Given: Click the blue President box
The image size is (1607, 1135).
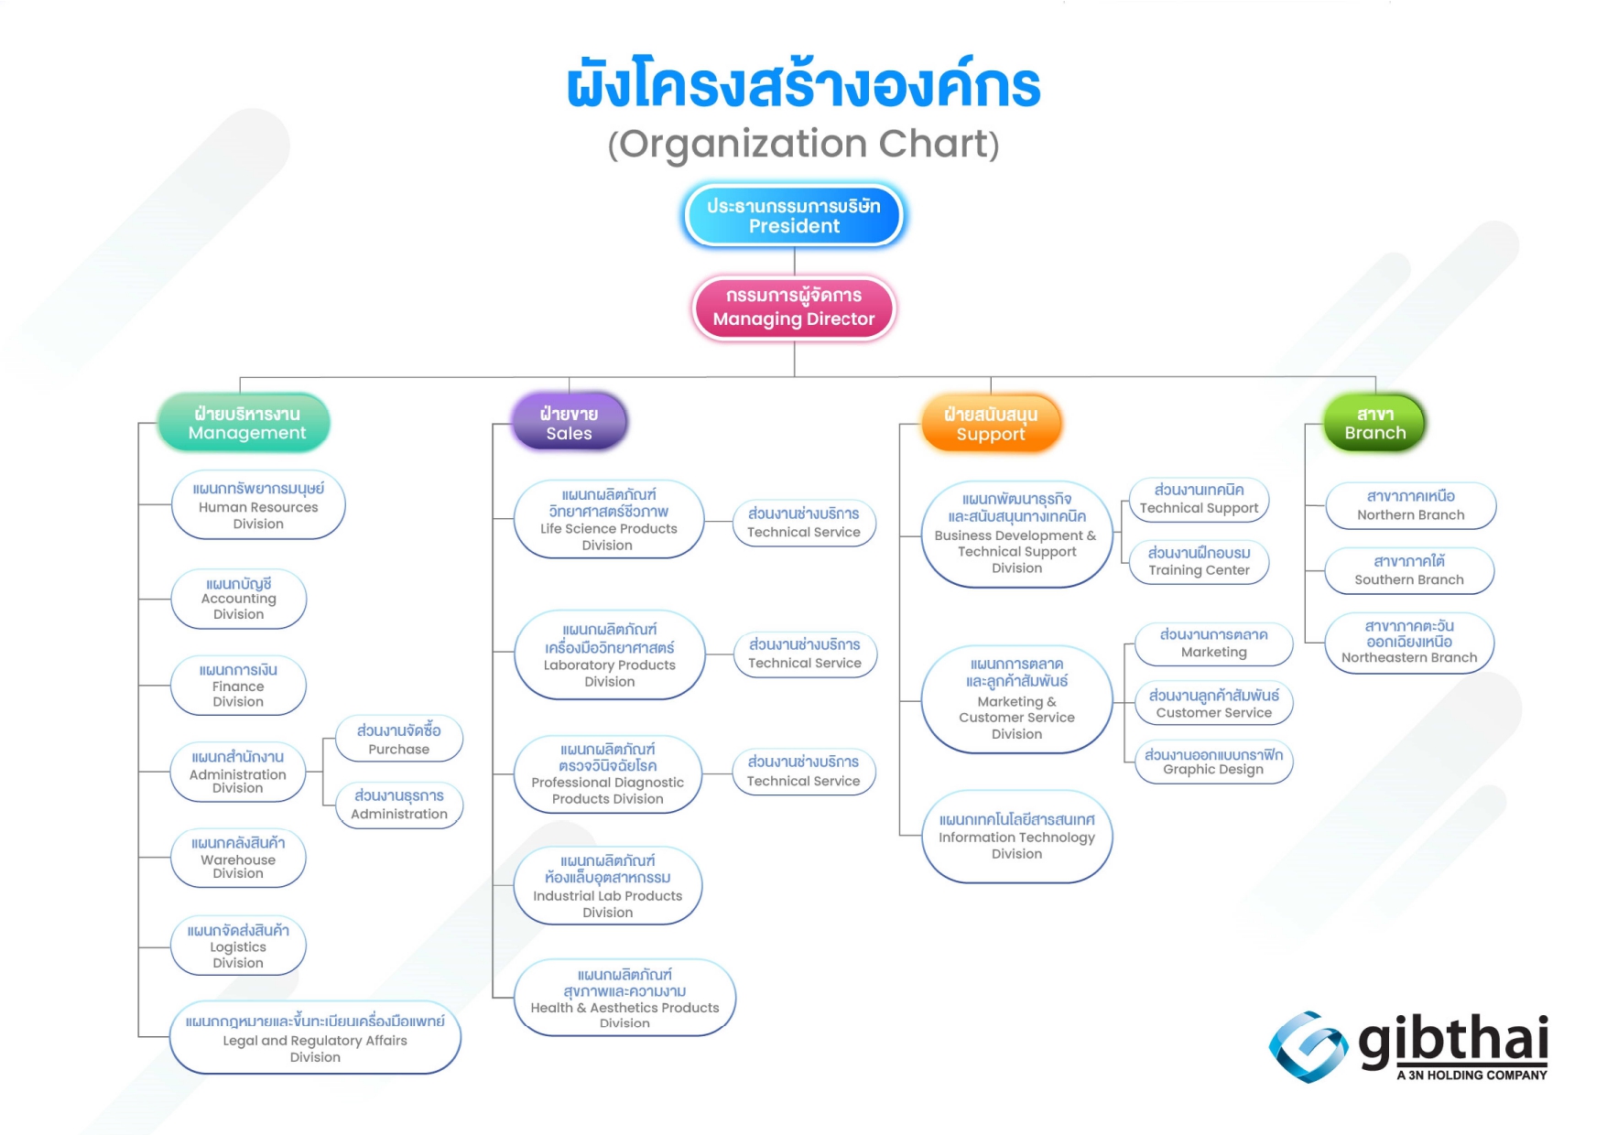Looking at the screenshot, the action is coord(794,216).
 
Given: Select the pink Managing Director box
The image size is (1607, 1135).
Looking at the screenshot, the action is coord(794,308).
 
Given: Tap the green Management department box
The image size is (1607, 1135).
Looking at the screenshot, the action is coord(244,423).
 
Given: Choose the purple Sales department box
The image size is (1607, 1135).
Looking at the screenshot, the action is coord(570,423).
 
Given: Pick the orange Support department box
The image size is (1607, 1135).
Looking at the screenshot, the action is coord(991,424).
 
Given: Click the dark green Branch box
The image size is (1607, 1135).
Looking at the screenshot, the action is coord(1375,423).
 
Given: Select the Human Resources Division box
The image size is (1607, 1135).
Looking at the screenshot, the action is coord(258,505).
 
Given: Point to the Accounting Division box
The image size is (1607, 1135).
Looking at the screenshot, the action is coord(238,599).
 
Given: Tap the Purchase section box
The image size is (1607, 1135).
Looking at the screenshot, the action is coord(399,739).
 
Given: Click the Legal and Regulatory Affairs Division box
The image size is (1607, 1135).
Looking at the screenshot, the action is coord(315,1038).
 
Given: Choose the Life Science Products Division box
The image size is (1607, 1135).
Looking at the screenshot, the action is coord(609,519).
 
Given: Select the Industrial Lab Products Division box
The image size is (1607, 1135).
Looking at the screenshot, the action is coord(608,885).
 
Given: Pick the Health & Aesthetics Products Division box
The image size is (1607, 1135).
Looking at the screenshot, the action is coord(625,998).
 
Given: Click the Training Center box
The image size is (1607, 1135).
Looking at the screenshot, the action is coord(1200,561).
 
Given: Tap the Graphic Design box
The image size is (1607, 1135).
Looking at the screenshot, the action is coord(1214,762).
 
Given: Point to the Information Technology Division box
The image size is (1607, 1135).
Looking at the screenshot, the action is coord(1017,837).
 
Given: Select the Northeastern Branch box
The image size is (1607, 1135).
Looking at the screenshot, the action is coord(1410,643).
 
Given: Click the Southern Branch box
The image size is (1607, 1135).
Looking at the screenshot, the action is coord(1410,570).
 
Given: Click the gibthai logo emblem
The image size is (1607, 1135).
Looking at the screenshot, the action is coord(1308,1047).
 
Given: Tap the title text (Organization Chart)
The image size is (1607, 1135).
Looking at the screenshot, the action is coord(803,144).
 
